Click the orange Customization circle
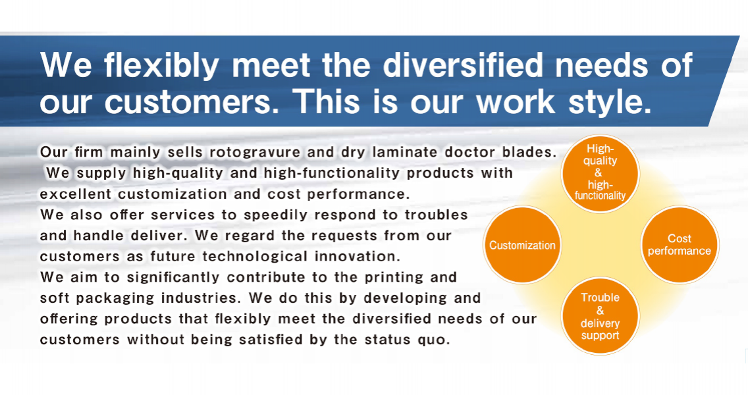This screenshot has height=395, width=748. (x=522, y=245)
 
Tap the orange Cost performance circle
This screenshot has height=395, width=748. (x=680, y=245)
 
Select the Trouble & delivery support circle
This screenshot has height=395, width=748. (x=600, y=316)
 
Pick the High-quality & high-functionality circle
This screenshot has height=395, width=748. (x=600, y=173)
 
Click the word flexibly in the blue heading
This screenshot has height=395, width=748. (x=162, y=65)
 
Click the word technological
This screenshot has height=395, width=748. (x=255, y=257)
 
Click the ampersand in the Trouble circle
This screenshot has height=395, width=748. (x=600, y=311)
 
